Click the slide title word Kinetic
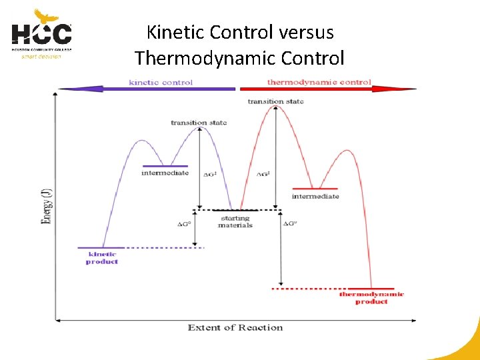[175, 32]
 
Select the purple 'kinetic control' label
[161, 83]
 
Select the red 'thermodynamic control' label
[319, 83]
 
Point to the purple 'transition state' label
[199, 123]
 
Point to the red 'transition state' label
[275, 101]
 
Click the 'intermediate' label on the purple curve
[165, 173]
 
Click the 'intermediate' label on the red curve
[315, 197]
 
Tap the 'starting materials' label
[235, 221]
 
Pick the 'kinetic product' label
[102, 258]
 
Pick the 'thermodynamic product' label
[371, 298]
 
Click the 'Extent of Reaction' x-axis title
[235, 327]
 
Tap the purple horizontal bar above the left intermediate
[165, 166]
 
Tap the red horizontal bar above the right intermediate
[315, 189]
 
